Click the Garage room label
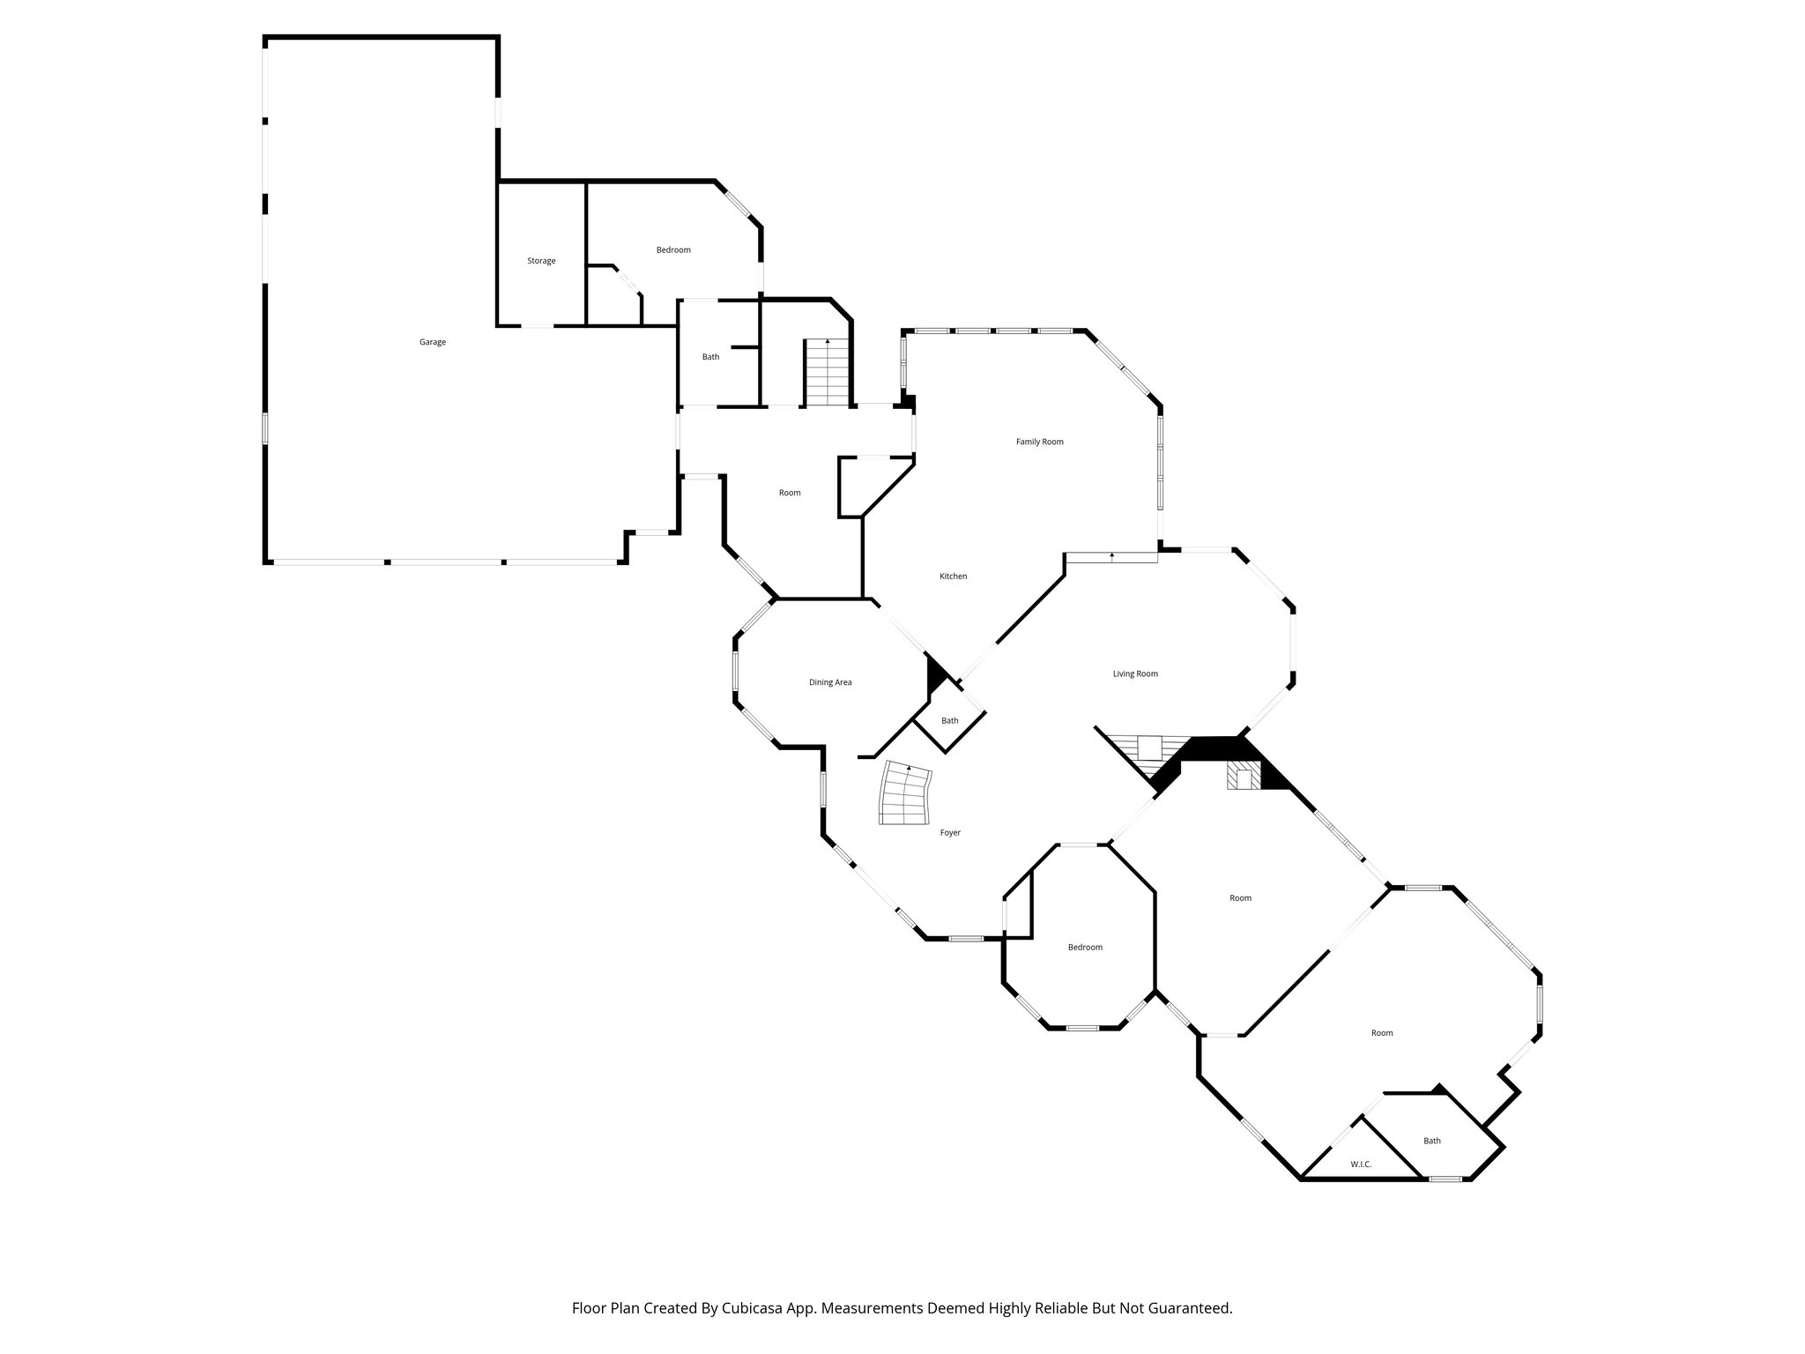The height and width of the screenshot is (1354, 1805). (x=432, y=342)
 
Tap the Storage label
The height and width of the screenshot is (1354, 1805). (x=541, y=261)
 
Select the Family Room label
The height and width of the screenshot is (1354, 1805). (x=1039, y=442)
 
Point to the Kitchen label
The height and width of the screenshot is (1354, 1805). (x=953, y=577)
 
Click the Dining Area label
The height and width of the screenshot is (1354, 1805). (x=830, y=682)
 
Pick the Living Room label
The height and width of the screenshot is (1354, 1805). (x=1134, y=674)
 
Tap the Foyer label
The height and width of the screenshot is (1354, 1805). (x=949, y=833)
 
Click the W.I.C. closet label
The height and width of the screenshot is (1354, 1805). (x=1361, y=1164)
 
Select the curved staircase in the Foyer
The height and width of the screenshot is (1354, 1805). (x=905, y=794)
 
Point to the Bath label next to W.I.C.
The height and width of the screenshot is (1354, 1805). (x=1432, y=1141)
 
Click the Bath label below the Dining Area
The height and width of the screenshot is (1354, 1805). (x=949, y=721)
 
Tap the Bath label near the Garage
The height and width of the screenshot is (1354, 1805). (x=710, y=357)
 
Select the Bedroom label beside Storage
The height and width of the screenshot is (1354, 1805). (x=673, y=250)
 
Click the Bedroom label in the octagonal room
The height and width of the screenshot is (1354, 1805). (x=1085, y=948)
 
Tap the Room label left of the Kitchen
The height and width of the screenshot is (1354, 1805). (x=790, y=493)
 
